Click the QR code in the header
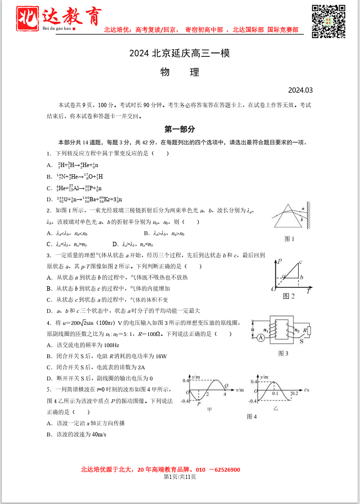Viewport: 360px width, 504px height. click(328, 21)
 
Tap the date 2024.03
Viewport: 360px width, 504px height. click(301, 90)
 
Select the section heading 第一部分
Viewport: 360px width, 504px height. click(180, 129)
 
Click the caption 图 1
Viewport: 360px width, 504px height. click(289, 238)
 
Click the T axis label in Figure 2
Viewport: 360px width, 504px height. click(308, 292)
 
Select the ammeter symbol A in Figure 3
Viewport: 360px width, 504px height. click(260, 337)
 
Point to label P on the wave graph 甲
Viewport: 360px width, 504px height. click(199, 404)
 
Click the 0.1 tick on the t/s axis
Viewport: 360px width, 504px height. click(275, 393)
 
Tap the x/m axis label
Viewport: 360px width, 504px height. click(239, 389)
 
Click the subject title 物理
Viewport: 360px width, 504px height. click(180, 73)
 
